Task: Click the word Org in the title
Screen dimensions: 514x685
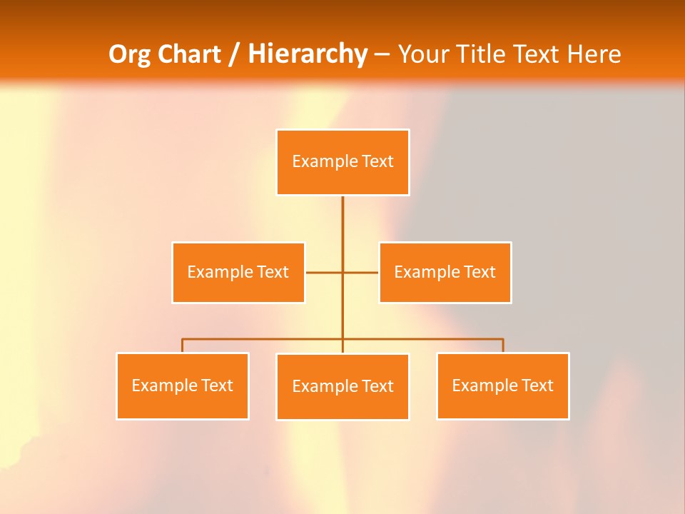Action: point(129,54)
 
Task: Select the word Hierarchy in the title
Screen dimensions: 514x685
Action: point(308,54)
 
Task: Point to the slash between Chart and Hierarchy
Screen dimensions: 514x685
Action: point(235,54)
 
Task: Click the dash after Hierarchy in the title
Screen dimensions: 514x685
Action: point(382,54)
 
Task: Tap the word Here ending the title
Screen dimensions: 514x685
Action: point(594,54)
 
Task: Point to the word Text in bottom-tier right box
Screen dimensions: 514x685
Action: point(537,385)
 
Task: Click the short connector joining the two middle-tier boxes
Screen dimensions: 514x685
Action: point(325,272)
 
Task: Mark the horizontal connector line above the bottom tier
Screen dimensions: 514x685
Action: point(264,339)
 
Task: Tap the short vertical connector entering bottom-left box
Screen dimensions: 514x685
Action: point(183,346)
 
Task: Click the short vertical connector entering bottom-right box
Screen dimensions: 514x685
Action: point(503,346)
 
